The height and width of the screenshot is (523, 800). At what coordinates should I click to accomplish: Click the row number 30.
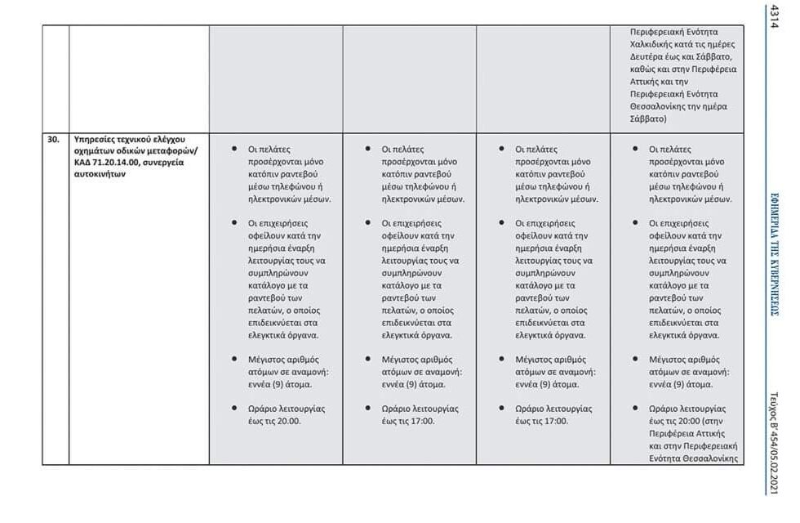pos(53,139)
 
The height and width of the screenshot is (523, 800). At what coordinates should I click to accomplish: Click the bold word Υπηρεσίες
pos(95,139)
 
